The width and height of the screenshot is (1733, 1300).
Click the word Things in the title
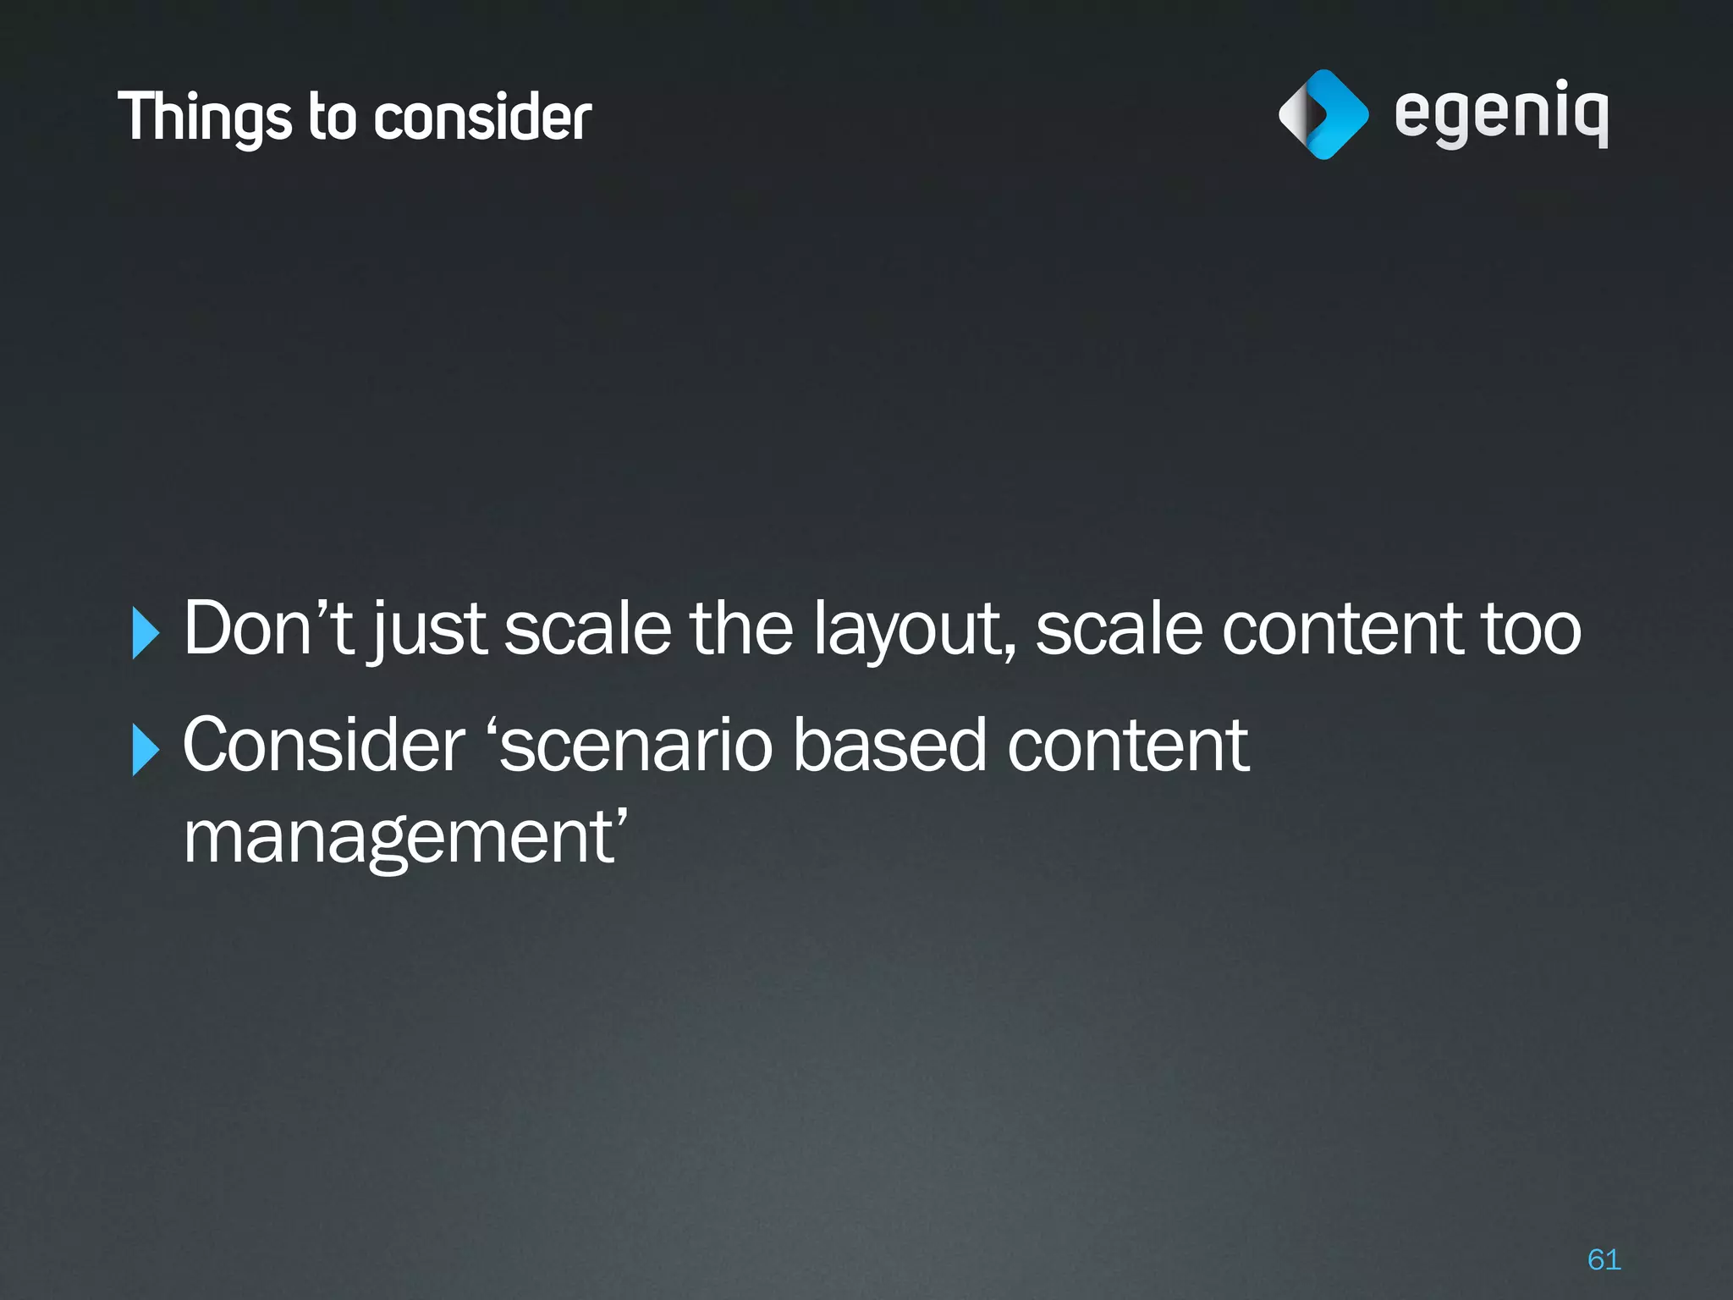[x=206, y=117]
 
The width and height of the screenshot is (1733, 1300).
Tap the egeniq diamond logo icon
[x=1323, y=114]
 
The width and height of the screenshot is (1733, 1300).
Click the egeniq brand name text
[x=1501, y=114]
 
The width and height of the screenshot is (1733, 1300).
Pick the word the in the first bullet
[x=741, y=628]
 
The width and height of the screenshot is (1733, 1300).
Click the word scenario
[x=636, y=745]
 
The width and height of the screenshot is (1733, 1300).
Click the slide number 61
[x=1604, y=1259]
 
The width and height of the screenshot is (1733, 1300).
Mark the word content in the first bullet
[x=1341, y=629]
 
